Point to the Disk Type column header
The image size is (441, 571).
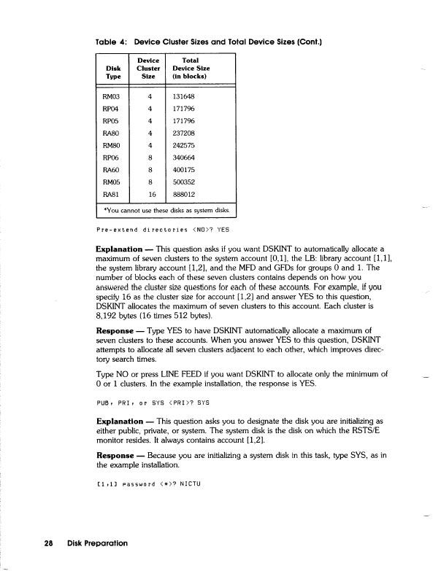[113, 70]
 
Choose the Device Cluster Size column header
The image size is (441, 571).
[149, 66]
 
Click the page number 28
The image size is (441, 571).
[49, 543]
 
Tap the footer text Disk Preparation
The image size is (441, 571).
[97, 543]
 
